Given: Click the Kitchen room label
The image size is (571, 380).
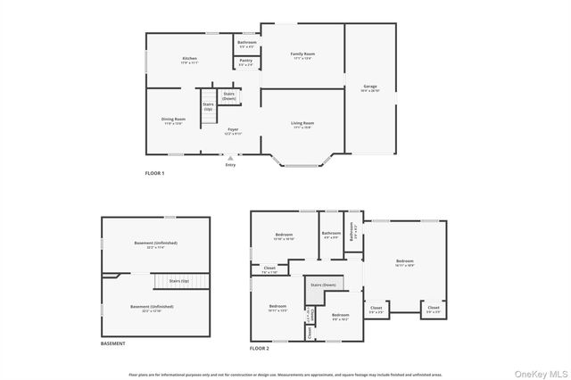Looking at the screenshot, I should (189, 58).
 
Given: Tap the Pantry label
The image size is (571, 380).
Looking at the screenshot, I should (246, 61).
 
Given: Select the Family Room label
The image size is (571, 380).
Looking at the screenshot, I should (303, 54).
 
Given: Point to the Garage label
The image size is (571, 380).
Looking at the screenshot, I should (370, 86).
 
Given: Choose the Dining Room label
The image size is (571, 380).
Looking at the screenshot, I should (173, 119).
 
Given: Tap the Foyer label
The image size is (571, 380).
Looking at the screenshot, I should (233, 129).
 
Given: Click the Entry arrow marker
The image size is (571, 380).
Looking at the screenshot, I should (230, 158).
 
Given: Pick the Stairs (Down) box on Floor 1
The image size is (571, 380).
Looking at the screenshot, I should (229, 95).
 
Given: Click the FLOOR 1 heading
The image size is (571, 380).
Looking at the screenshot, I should (155, 173).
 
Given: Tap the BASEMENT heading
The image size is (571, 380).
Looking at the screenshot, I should (113, 343).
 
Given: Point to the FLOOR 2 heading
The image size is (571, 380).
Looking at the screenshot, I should (260, 347).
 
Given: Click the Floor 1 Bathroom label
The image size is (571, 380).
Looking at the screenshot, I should (247, 43).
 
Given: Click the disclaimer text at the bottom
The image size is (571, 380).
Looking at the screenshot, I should (285, 375).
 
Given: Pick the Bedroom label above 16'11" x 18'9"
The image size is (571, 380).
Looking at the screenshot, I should (404, 260).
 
